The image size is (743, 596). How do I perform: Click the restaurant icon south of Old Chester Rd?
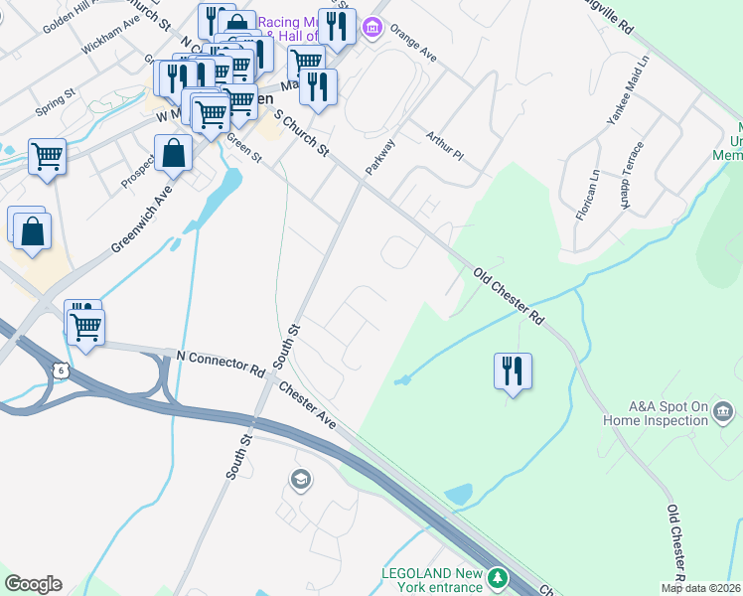[x=513, y=371]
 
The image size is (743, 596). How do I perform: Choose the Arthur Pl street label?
[x=444, y=147]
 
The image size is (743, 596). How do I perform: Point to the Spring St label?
[x=55, y=102]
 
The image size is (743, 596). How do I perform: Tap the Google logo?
[x=33, y=584]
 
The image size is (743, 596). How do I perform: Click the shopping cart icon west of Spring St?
[x=47, y=156]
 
